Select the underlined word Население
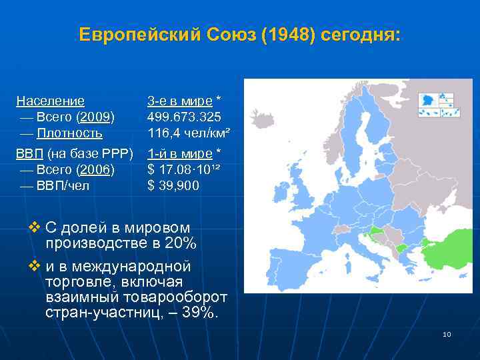pos(51,101)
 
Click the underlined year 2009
pos(96,117)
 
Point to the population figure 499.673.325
pos(184,117)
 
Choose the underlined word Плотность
pos(69,133)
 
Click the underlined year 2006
pos(96,170)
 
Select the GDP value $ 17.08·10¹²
pos(184,170)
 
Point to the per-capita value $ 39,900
pos(173,185)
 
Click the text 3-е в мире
pos(179,101)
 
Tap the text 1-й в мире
pos(179,155)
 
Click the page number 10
pos(447,334)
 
